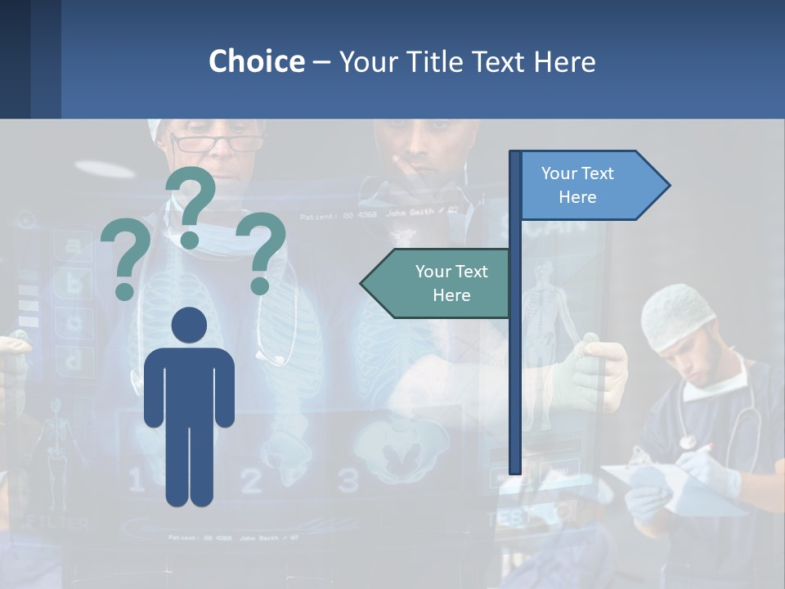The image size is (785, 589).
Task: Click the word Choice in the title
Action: click(256, 61)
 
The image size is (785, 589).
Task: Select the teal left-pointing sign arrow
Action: click(437, 283)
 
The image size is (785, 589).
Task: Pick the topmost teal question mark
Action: click(191, 205)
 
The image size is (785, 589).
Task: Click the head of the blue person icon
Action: click(190, 325)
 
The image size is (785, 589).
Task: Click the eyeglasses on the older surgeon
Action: click(217, 144)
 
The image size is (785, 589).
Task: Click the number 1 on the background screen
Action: click(136, 479)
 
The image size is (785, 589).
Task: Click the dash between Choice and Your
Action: click(321, 62)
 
